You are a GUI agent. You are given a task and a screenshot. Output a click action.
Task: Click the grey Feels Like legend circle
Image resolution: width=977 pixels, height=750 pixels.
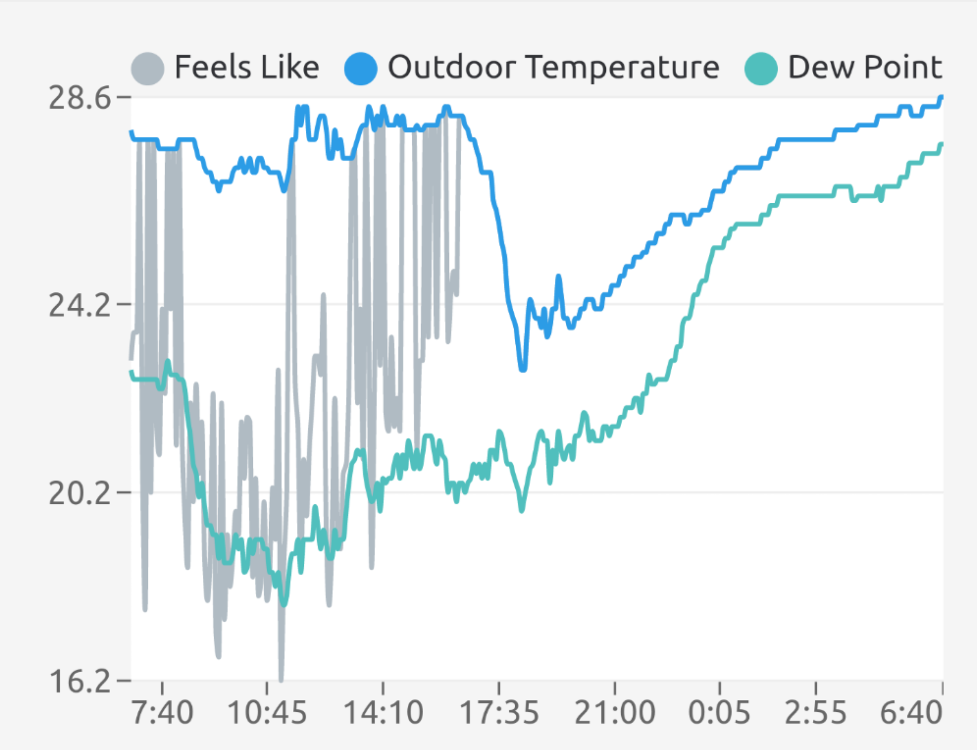pos(148,68)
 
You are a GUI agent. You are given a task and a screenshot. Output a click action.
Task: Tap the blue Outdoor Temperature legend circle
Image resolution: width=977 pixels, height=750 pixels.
pos(361,68)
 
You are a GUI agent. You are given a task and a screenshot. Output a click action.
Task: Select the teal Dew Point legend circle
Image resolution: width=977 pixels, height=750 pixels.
pos(761,68)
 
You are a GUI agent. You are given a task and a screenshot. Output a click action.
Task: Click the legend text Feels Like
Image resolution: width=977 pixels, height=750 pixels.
pos(247,67)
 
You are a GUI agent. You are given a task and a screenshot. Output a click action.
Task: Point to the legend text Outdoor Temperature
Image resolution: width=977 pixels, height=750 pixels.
pos(553,67)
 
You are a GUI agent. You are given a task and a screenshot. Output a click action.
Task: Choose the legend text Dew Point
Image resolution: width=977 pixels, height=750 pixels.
pos(865,67)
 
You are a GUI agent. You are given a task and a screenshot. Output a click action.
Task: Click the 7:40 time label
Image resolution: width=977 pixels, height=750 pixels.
pos(162,713)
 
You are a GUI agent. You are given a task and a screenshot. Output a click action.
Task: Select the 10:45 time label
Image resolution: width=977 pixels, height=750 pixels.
pos(267,713)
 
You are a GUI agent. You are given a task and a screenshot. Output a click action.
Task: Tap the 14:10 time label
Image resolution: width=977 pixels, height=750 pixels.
pos(383,713)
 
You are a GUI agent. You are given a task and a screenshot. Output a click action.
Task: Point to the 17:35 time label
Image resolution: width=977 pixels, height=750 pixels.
pos(499,713)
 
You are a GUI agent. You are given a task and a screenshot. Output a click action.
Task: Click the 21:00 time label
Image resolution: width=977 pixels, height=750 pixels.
pos(615,713)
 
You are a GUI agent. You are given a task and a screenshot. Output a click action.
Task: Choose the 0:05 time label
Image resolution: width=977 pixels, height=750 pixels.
pos(719,713)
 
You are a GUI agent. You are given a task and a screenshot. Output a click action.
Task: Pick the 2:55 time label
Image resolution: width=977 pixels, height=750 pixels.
pos(816,713)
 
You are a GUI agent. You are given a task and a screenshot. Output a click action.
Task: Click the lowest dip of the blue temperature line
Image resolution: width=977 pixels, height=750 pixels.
pos(523,369)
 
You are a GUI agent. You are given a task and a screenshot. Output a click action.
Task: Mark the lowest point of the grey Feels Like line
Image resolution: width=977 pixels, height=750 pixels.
pos(281,678)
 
